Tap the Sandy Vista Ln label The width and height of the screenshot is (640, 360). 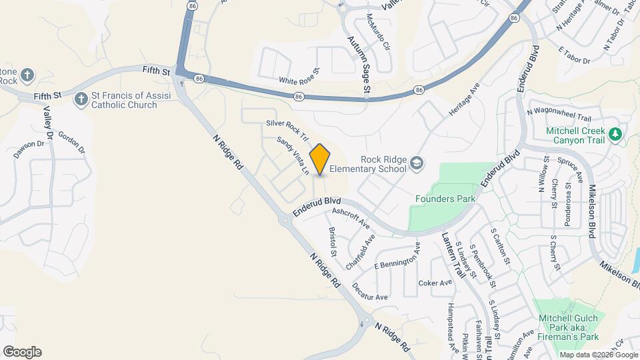point(293,155)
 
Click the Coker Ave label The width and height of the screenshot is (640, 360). point(435,283)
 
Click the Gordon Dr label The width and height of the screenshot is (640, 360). point(72,141)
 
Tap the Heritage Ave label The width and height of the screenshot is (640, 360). point(464,101)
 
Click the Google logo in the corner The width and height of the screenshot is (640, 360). point(22,352)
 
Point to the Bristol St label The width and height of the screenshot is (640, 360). point(332,241)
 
